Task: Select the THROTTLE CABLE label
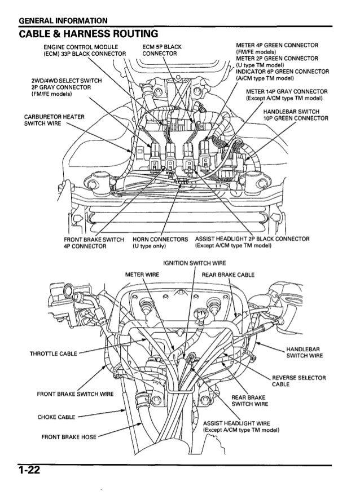coord(46,355)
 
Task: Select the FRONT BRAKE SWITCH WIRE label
coord(76,394)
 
